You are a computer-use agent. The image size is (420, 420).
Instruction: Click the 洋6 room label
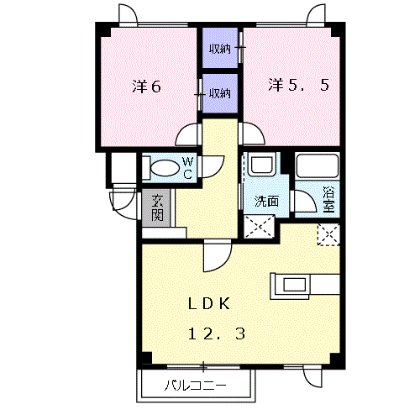coord(146,87)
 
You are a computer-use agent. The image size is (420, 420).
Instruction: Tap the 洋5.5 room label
coord(298,85)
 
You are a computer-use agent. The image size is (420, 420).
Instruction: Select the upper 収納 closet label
coord(220,50)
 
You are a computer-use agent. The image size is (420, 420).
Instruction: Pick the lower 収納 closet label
coord(220,93)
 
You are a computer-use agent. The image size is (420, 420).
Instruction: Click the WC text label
coord(187,168)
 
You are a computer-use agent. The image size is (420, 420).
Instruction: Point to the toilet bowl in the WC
coord(165,168)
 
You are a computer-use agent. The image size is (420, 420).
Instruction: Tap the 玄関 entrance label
coord(157,207)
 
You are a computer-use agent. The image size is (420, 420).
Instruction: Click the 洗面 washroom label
coord(266,201)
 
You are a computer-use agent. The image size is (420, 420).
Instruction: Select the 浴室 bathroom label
coord(328,199)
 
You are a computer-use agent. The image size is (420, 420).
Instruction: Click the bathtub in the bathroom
coord(318,165)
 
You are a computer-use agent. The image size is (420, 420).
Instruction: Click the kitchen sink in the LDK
coord(295,285)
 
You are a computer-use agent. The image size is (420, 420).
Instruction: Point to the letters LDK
coord(209,304)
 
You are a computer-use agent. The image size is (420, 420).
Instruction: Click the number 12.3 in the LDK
coord(217,334)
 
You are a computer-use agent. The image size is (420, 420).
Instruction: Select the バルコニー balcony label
coord(195,386)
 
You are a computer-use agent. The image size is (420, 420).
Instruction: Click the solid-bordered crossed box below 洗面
coord(260,227)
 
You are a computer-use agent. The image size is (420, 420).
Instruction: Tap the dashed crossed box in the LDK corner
coord(328,234)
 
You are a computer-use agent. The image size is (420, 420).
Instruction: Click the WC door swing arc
coord(220,170)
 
